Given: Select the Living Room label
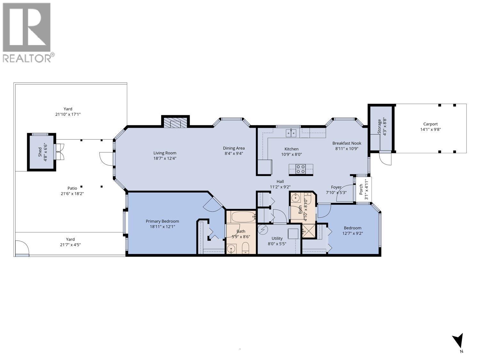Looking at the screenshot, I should click(165, 153).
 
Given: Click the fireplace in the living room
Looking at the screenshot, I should click(175, 123).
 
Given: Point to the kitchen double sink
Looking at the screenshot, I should click(291, 132).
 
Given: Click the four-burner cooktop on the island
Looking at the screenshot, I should click(300, 169).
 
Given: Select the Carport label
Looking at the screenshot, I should click(430, 124).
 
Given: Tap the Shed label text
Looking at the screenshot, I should click(40, 152).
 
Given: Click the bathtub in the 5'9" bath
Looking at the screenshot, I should click(243, 217).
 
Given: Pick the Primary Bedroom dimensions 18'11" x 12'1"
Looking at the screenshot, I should click(162, 227).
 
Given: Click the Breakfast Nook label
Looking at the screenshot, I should click(347, 143).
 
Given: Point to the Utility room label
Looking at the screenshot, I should click(277, 238).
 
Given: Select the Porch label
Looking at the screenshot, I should click(361, 189).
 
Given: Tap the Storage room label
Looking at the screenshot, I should click(380, 127).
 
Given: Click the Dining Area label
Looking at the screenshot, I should click(234, 148).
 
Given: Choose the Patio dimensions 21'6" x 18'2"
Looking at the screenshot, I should click(72, 194).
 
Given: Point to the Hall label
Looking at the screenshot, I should click(280, 181).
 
